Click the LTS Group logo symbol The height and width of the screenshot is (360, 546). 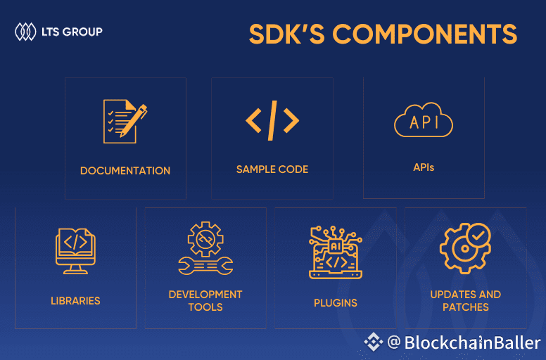pyautogui.click(x=25, y=32)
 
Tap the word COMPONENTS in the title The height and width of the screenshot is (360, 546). pyautogui.click(x=425, y=34)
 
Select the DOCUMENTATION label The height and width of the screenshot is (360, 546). pyautogui.click(x=125, y=171)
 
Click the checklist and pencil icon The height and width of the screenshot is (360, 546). pyautogui.click(x=125, y=122)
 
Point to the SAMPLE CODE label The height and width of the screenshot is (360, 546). pyautogui.click(x=272, y=169)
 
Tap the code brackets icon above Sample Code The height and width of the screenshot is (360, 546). pyautogui.click(x=272, y=120)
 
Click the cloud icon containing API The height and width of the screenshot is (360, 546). pyautogui.click(x=424, y=122)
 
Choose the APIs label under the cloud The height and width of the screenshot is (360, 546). pyautogui.click(x=424, y=168)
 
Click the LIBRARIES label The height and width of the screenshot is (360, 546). pyautogui.click(x=75, y=301)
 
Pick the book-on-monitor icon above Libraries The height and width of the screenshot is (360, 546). pyautogui.click(x=75, y=250)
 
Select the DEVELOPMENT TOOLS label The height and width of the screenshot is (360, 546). pyautogui.click(x=205, y=301)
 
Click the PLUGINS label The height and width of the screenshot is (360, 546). pyautogui.click(x=336, y=303)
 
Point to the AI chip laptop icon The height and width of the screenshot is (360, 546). pyautogui.click(x=336, y=251)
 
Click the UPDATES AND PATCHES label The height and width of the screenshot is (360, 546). pyautogui.click(x=466, y=301)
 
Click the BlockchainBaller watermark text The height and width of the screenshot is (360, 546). pyautogui.click(x=472, y=343)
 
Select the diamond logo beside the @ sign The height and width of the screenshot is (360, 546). pyautogui.click(x=374, y=342)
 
